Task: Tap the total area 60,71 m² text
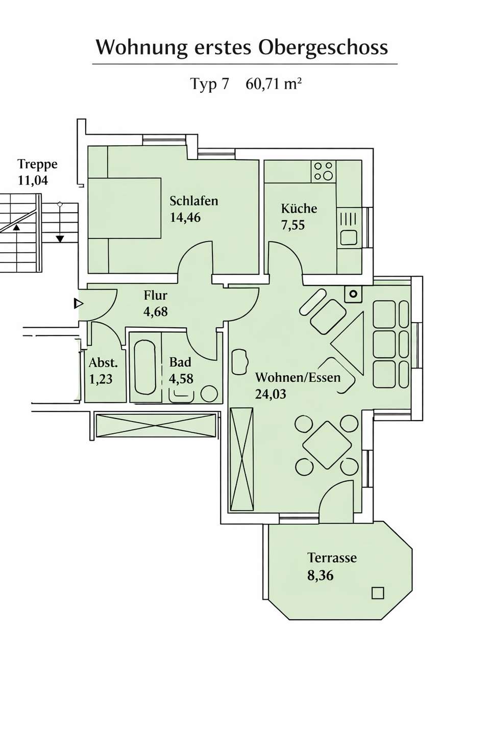274,84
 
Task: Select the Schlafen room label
193,200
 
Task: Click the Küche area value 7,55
293,225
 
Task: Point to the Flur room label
156,295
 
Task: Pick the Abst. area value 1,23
101,379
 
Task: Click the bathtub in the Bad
145,367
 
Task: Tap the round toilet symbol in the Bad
209,393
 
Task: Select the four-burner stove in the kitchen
324,171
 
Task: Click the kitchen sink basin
349,237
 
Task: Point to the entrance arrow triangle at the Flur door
78,304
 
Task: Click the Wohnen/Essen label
298,378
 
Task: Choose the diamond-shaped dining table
327,445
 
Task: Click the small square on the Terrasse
378,593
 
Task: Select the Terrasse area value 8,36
320,575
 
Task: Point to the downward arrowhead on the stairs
59,239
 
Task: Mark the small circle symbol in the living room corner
353,294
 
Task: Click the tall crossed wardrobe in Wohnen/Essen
242,459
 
